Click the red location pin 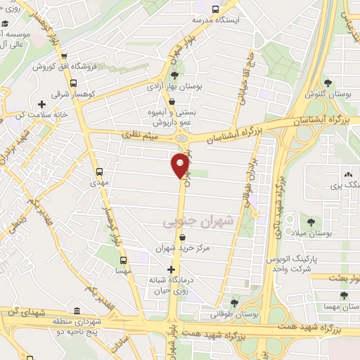180,166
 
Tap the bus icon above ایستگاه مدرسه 215,9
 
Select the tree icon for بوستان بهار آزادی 174,75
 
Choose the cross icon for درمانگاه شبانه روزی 171,269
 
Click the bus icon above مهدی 99,171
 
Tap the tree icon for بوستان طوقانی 235,302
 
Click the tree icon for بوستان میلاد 328,222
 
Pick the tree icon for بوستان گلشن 328,83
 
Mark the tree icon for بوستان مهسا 343,296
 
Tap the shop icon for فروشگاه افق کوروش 64,58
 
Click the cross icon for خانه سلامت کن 41,105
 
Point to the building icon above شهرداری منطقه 76,310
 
